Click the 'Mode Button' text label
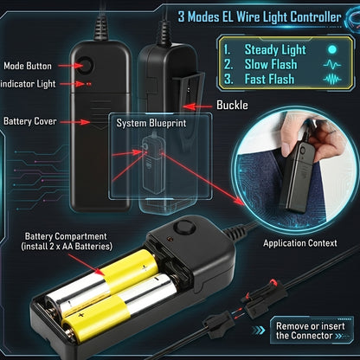click(28, 66)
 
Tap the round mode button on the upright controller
click(86, 65)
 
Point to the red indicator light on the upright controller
click(88, 84)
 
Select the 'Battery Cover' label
click(30, 121)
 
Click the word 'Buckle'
click(232, 105)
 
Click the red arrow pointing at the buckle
click(197, 107)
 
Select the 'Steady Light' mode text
click(275, 50)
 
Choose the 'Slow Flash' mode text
click(271, 64)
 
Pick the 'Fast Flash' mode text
click(269, 79)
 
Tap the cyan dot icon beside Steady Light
click(332, 49)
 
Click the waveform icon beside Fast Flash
click(332, 79)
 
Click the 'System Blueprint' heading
click(151, 123)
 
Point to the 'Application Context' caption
click(300, 243)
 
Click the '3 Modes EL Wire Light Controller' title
click(260, 16)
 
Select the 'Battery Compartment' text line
click(66, 236)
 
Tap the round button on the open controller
click(184, 227)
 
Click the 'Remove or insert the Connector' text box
click(311, 331)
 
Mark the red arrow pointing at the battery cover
click(75, 122)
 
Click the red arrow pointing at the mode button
click(70, 66)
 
